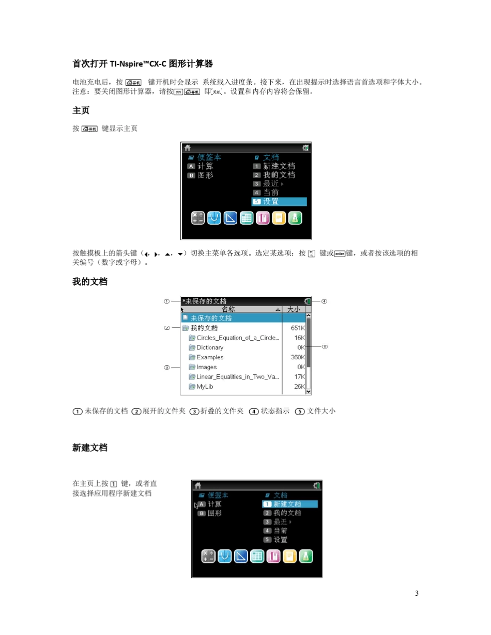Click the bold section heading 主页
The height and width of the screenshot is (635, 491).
click(82, 111)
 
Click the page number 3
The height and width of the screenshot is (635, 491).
click(417, 593)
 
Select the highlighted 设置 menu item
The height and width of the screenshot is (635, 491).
click(279, 201)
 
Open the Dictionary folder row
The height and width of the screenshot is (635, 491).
click(210, 347)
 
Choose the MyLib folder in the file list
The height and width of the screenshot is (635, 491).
click(205, 386)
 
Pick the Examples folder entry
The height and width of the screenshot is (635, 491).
click(210, 357)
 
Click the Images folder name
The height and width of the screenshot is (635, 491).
click(207, 367)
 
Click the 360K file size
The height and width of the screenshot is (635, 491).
click(298, 357)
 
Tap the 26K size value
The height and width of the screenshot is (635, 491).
click(299, 386)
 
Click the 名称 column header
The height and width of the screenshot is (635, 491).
click(228, 309)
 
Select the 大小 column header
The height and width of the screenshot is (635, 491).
click(294, 309)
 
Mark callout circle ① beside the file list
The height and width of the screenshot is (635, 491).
click(167, 301)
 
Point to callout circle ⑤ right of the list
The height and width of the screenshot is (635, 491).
click(325, 347)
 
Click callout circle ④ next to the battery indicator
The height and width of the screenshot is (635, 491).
click(324, 301)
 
